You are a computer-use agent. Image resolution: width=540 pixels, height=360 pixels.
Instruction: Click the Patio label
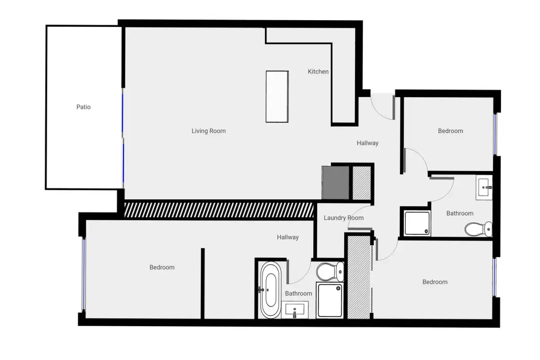tap(83, 107)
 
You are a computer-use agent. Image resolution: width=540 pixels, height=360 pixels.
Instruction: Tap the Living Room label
tap(208, 131)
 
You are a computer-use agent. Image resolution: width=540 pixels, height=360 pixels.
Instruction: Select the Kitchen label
tap(318, 72)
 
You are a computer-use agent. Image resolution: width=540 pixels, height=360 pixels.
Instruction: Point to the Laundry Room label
tap(343, 218)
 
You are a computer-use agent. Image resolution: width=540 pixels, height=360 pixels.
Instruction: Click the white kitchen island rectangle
tap(277, 96)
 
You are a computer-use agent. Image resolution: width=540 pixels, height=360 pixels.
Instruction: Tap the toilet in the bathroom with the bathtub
tap(330, 272)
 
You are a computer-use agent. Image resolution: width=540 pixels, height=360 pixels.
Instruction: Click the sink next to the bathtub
tap(295, 310)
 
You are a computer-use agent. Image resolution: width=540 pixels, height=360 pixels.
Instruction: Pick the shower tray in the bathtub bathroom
tap(330, 300)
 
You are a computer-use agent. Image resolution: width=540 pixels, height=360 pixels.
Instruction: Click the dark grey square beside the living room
tap(336, 183)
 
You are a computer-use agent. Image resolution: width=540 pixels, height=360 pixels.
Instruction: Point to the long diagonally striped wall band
tap(219, 210)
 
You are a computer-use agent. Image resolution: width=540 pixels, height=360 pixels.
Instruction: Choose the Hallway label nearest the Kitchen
tap(367, 143)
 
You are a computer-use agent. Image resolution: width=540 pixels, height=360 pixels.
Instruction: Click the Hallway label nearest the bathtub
tap(288, 237)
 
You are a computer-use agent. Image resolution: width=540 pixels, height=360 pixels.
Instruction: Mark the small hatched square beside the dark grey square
tap(361, 183)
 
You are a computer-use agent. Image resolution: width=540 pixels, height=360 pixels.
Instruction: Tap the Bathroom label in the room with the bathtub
tap(298, 293)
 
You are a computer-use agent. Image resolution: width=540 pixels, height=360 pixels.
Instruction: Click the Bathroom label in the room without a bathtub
tap(459, 213)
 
